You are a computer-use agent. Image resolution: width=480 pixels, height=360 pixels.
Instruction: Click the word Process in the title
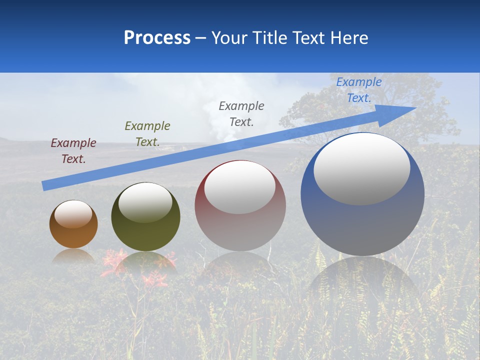(157, 38)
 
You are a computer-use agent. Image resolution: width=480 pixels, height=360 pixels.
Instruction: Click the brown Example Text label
(73, 151)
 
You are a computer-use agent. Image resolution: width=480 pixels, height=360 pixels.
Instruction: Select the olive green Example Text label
(147, 133)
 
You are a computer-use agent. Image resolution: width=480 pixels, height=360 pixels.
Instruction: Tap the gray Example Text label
(241, 113)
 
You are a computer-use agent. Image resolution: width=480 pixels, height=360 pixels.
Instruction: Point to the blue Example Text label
(359, 90)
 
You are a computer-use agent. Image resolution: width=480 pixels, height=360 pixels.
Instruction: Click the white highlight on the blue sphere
(361, 169)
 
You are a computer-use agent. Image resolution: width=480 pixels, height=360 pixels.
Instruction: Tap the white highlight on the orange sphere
(73, 214)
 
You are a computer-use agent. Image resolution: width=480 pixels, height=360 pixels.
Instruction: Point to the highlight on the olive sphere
(145, 202)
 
